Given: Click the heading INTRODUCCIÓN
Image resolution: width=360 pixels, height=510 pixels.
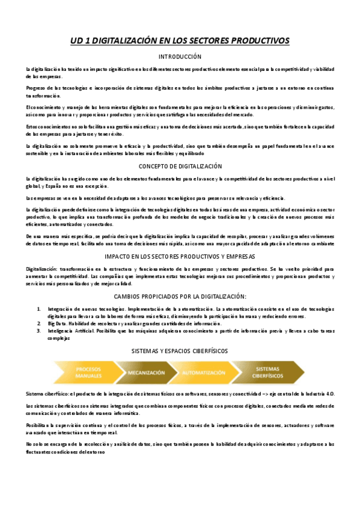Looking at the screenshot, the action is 180,57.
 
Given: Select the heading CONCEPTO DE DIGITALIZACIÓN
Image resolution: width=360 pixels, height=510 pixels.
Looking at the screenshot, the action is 180,166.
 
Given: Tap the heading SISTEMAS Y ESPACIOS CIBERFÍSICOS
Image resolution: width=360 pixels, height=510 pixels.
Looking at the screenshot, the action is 180,350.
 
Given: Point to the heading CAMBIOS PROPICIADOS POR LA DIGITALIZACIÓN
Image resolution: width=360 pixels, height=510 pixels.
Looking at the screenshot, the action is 180,296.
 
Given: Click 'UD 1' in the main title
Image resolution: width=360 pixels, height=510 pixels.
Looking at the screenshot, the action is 78,40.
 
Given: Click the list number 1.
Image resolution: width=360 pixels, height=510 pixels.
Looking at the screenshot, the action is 39,309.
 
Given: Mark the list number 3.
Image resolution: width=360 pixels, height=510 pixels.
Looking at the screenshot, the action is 39,331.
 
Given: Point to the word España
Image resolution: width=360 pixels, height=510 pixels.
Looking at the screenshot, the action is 52,186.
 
